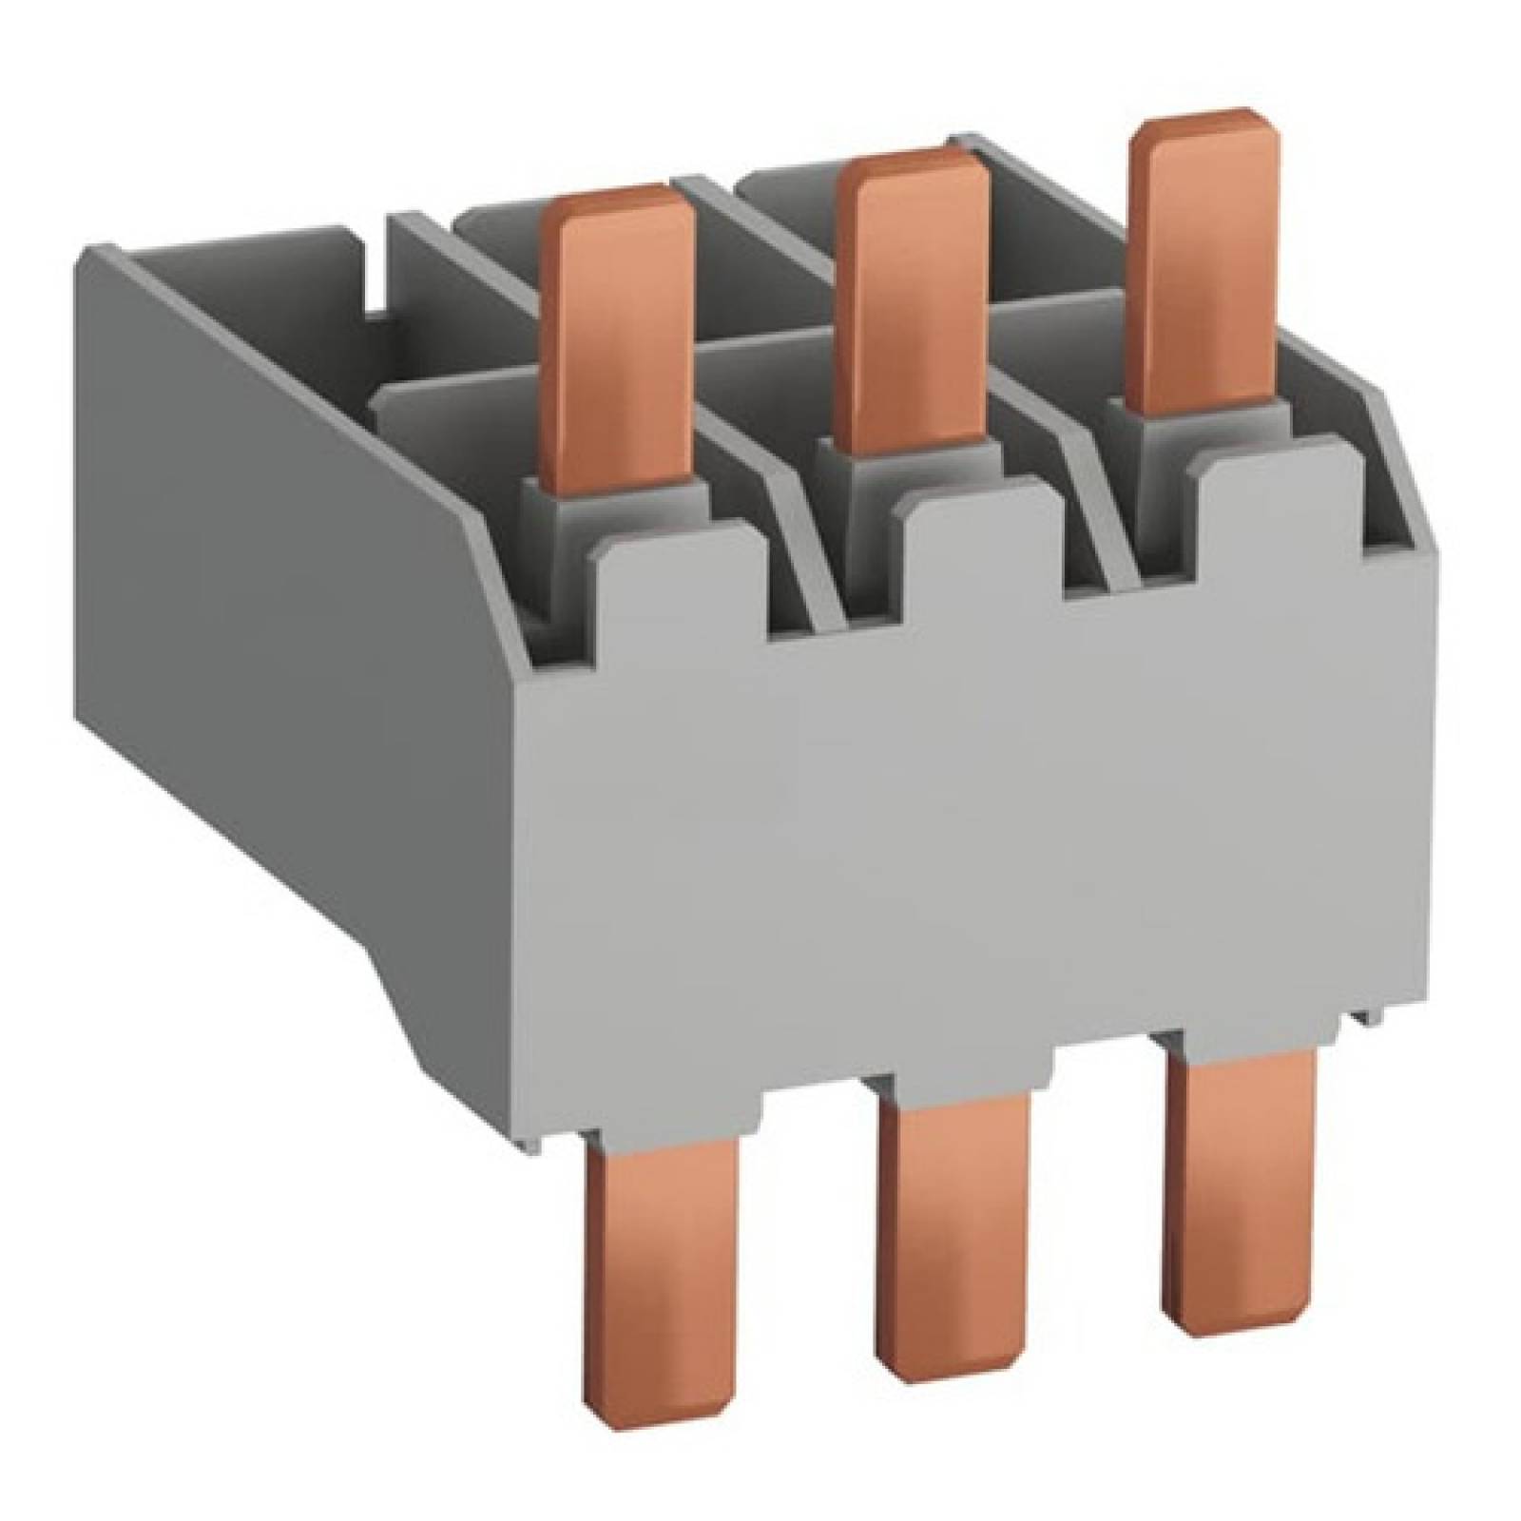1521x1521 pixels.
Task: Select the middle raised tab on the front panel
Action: (979, 542)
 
